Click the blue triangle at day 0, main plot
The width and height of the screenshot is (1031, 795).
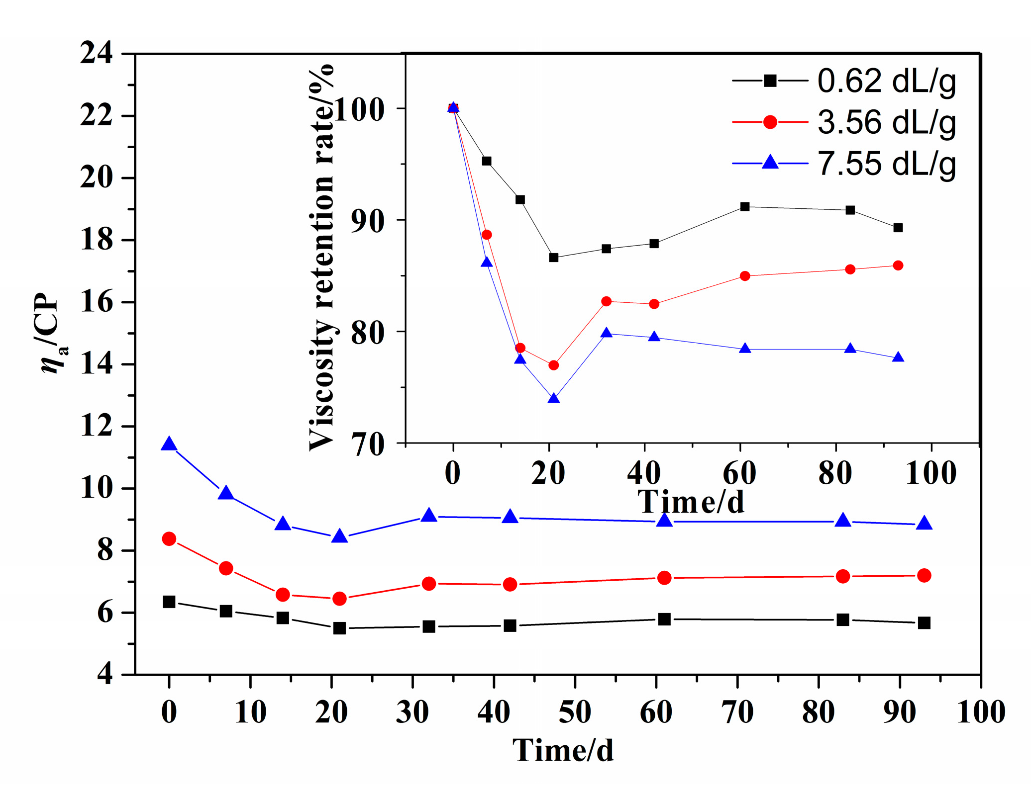pos(169,444)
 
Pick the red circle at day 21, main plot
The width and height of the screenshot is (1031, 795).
pos(339,599)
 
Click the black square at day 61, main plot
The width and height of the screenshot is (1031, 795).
pos(664,619)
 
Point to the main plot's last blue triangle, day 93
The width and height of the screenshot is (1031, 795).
pos(924,524)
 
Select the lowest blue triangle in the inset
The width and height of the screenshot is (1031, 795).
pos(553,399)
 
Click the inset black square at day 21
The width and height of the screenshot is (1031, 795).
pos(553,258)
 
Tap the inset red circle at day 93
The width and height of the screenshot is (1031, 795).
pos(898,265)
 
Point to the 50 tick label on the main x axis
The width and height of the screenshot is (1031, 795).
pos(575,712)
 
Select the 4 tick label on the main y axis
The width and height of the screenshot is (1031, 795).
pos(105,675)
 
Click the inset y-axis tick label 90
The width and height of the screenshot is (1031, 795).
pos(368,221)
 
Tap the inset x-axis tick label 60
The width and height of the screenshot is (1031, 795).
pos(739,473)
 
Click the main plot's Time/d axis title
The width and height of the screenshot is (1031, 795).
pos(563,750)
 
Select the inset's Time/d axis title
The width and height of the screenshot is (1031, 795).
pos(691,502)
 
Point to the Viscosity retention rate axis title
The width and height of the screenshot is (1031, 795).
pos(321,259)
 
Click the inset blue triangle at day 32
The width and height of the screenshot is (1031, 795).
pos(606,333)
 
